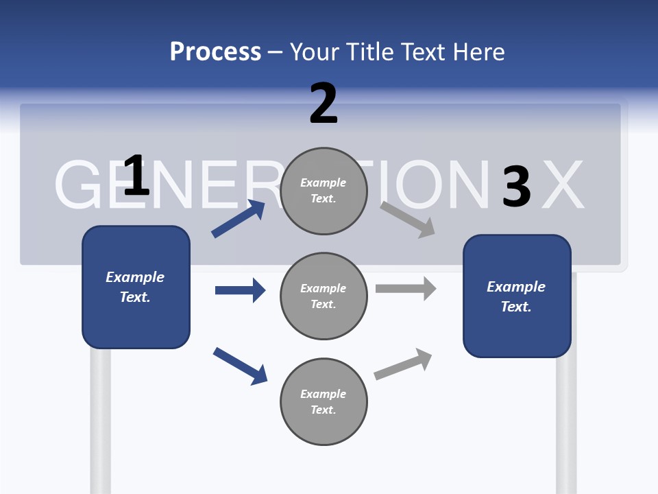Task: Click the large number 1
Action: click(x=136, y=176)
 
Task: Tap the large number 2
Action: click(x=324, y=104)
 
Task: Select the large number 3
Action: click(x=516, y=187)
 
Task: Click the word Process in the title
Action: click(x=215, y=51)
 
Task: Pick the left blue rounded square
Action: click(x=136, y=287)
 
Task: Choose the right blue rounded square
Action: click(x=517, y=296)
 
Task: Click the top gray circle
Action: click(x=324, y=190)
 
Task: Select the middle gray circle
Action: click(x=324, y=296)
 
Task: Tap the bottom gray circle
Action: click(x=324, y=401)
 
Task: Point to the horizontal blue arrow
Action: click(x=240, y=290)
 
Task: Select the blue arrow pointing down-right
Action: click(x=240, y=365)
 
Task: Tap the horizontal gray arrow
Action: click(x=406, y=289)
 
